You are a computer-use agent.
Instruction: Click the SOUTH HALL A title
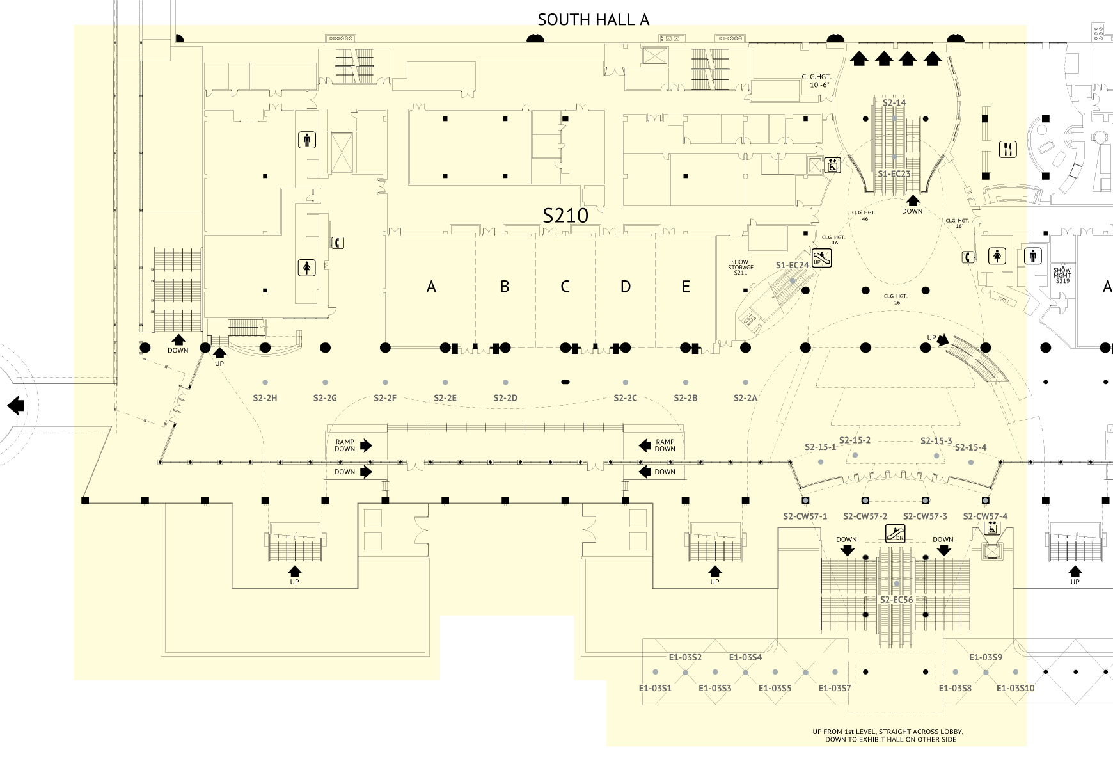(x=593, y=20)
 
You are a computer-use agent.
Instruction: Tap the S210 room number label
(x=565, y=216)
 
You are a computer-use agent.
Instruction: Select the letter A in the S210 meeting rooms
(x=431, y=287)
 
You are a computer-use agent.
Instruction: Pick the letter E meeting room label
(x=686, y=287)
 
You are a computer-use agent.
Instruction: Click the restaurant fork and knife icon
(x=1007, y=150)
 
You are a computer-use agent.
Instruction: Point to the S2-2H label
(x=265, y=398)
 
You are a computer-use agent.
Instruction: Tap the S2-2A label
(x=745, y=398)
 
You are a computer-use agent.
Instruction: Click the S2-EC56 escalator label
(x=896, y=600)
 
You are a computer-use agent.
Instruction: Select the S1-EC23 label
(x=894, y=173)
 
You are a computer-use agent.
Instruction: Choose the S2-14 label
(x=894, y=102)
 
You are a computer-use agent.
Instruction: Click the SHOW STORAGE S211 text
(x=740, y=268)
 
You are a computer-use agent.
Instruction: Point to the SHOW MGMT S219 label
(x=1062, y=275)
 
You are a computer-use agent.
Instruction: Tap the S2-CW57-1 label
(x=805, y=516)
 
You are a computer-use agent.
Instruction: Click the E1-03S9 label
(x=985, y=657)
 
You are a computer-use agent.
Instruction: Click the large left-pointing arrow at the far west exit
(x=15, y=405)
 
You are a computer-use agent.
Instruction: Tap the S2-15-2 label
(x=855, y=440)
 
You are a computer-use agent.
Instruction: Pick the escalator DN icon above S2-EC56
(x=896, y=532)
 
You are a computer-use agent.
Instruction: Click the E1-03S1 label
(x=655, y=688)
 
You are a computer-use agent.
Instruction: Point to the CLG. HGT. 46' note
(x=864, y=216)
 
